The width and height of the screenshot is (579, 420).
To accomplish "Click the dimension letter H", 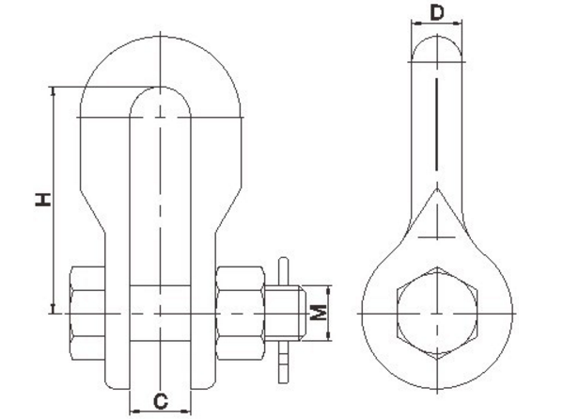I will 41,199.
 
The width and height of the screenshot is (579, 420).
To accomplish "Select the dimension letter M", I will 321,312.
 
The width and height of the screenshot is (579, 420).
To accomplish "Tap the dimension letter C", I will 161,401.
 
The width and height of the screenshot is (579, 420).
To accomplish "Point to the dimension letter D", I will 436,13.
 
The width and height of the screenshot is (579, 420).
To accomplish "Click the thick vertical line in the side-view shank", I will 437,122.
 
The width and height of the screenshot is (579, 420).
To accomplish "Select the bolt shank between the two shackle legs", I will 161,312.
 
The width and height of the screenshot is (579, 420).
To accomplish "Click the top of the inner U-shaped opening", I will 161,88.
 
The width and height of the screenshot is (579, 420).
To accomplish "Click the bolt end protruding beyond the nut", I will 292,312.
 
